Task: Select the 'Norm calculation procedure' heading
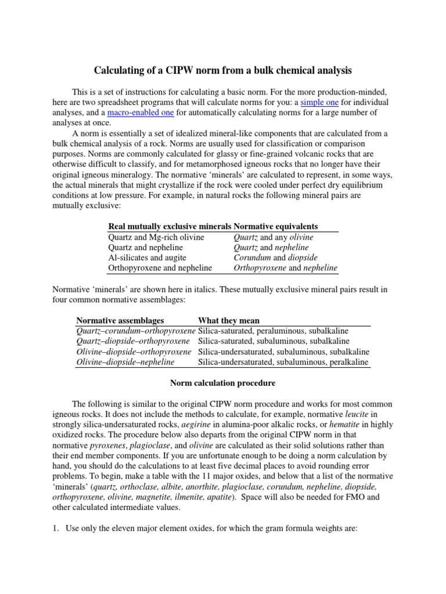(x=222, y=383)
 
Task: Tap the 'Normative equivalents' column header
(x=275, y=226)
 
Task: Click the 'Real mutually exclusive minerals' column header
(x=170, y=226)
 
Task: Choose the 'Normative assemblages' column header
(x=120, y=320)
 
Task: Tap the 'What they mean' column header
(x=229, y=320)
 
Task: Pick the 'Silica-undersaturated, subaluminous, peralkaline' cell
(x=283, y=362)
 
